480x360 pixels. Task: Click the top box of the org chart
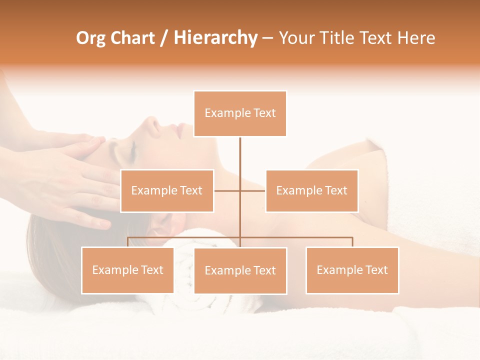pos(240,113)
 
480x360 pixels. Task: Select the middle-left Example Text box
pos(167,190)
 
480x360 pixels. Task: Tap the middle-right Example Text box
pos(311,190)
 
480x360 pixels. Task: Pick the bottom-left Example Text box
pos(127,270)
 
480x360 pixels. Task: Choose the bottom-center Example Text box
pos(240,270)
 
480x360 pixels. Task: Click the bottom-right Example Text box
pos(352,270)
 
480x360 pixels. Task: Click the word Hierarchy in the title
pos(215,38)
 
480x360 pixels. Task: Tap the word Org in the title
pos(91,38)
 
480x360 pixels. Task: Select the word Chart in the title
pos(132,38)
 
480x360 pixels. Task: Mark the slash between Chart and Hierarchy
pos(164,38)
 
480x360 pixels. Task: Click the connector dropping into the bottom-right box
pos(352,242)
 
